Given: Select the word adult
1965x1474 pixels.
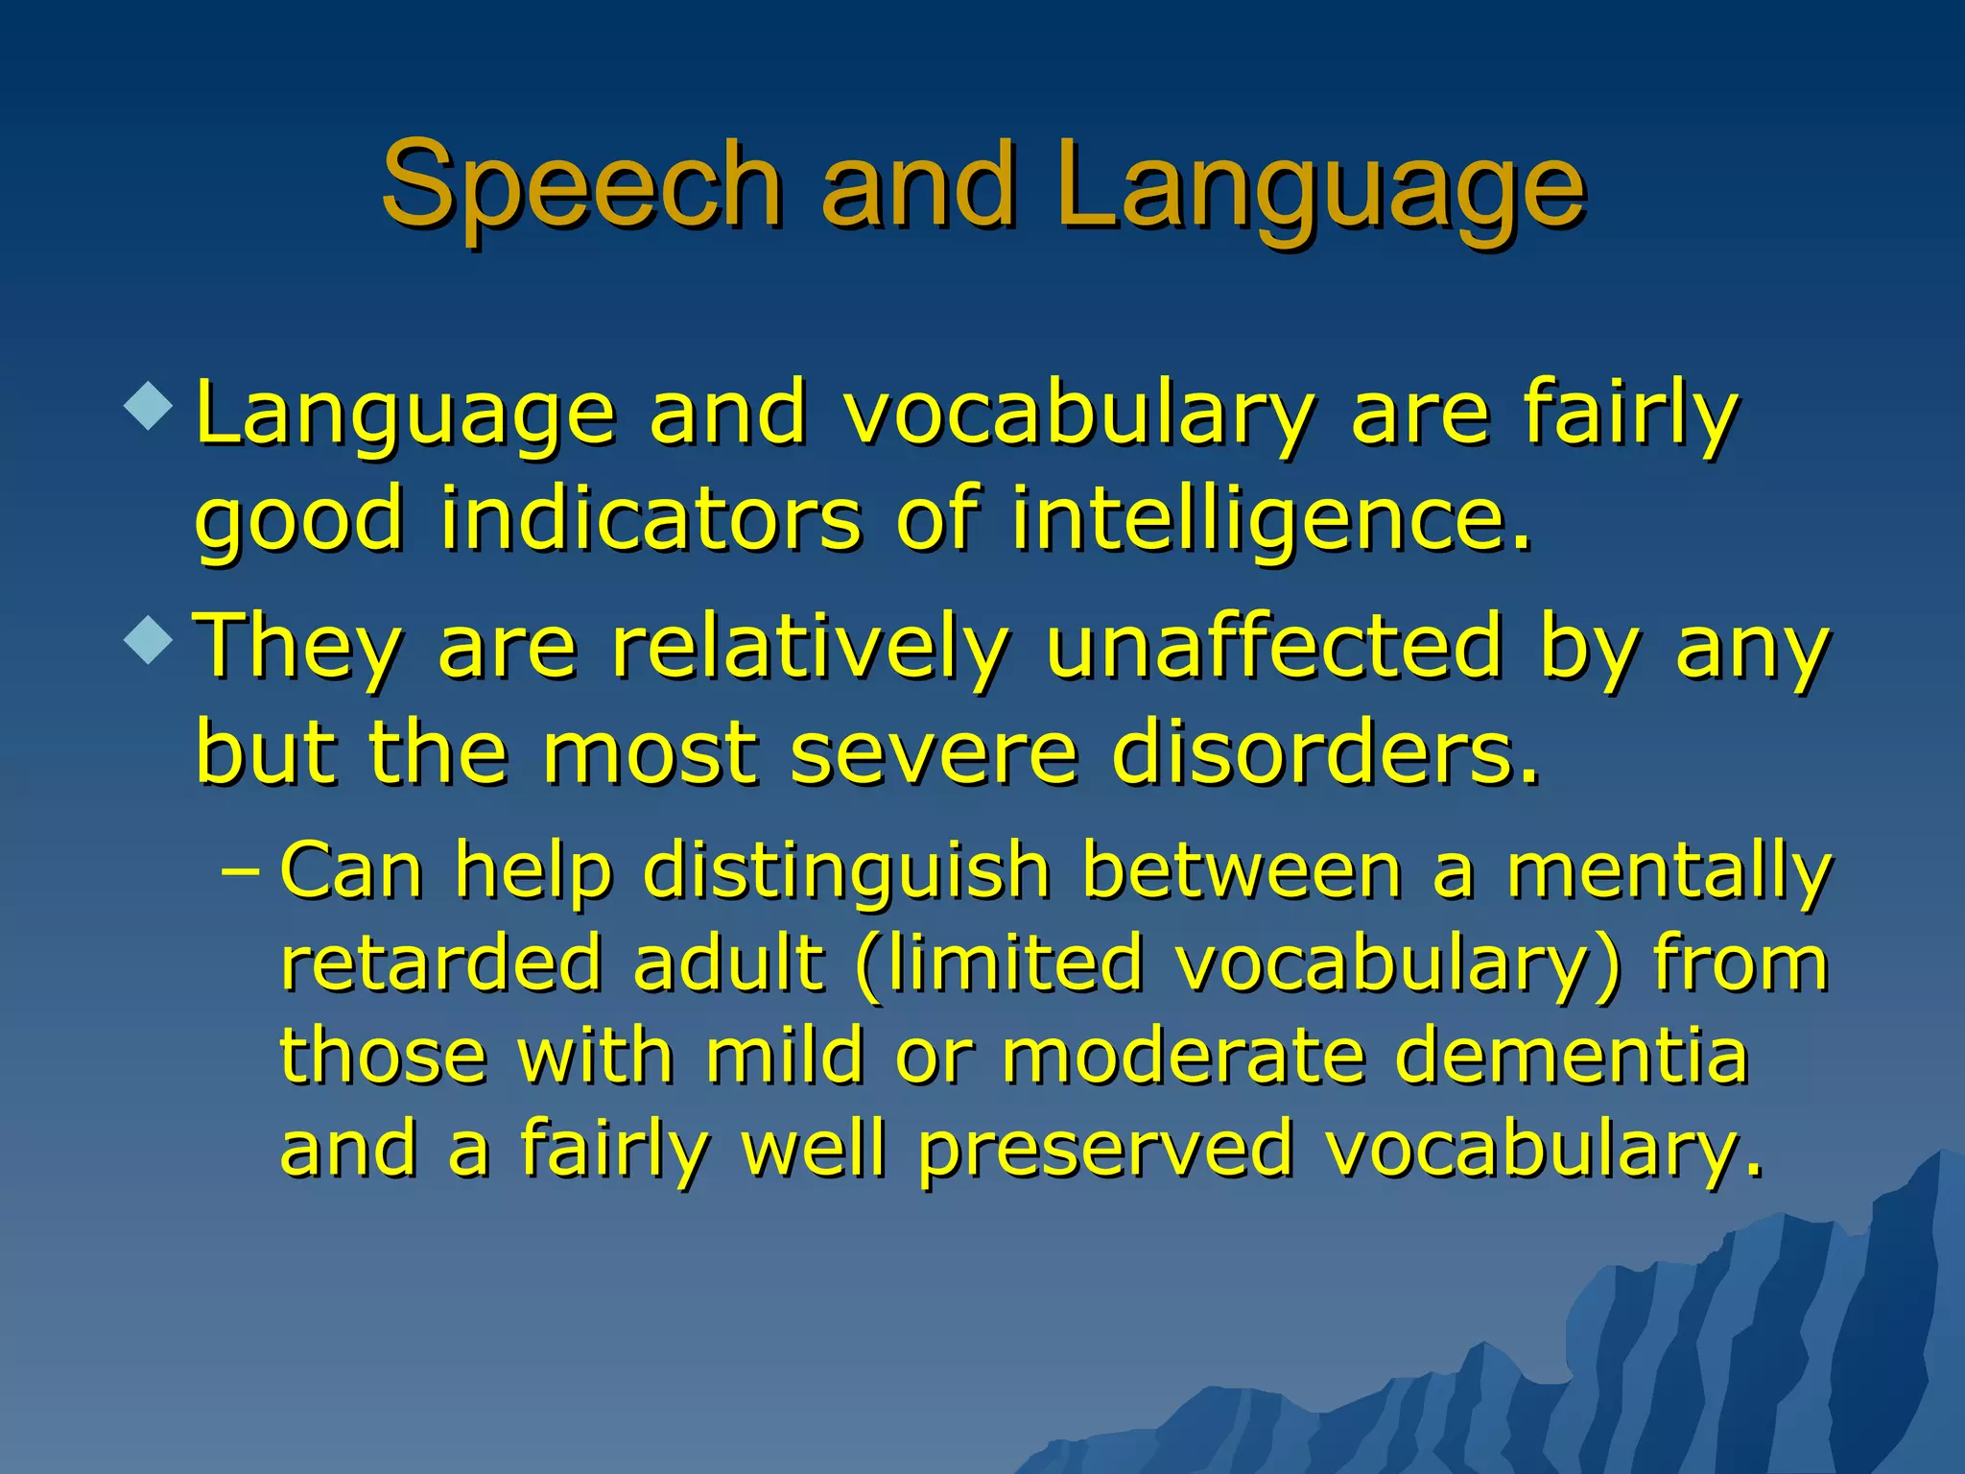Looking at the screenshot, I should [x=728, y=963].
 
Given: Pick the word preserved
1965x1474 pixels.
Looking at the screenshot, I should [x=1105, y=1150].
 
